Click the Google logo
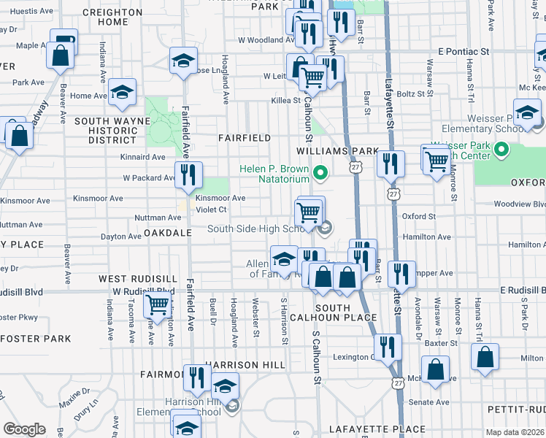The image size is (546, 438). click(x=25, y=429)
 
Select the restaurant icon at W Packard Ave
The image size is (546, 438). click(x=188, y=175)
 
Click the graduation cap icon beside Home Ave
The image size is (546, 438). click(x=123, y=91)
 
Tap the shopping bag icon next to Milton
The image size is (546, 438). click(x=485, y=358)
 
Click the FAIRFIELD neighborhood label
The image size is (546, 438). click(x=245, y=137)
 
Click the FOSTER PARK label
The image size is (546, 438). click(x=36, y=339)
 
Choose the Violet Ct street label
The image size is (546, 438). click(x=211, y=209)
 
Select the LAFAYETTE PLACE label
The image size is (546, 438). click(x=377, y=429)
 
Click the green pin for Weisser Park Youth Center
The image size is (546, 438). click(x=501, y=150)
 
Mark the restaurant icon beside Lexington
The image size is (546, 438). click(x=388, y=347)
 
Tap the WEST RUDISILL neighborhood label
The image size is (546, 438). click(x=138, y=279)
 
